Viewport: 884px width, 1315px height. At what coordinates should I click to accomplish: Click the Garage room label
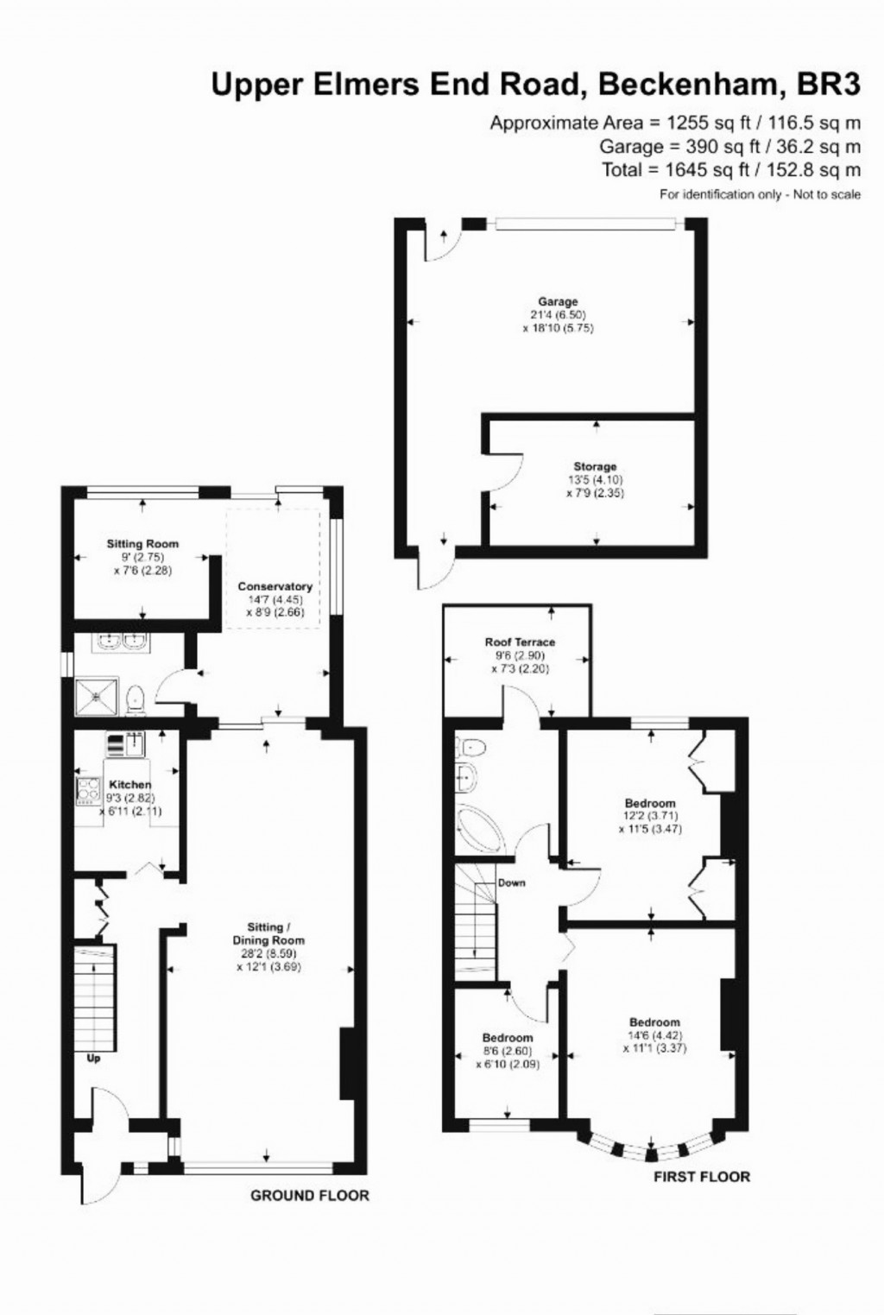click(558, 302)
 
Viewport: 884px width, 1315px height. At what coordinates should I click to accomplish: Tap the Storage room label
click(595, 467)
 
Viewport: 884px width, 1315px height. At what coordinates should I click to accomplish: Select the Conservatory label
click(275, 587)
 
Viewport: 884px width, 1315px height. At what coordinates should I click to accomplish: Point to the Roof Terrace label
click(519, 642)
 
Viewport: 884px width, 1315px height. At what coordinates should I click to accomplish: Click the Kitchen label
click(129, 785)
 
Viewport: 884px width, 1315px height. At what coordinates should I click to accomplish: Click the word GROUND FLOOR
click(309, 1196)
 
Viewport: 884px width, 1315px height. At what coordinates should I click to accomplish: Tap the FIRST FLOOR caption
click(701, 1176)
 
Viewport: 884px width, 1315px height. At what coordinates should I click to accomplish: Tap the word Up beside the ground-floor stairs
click(93, 1058)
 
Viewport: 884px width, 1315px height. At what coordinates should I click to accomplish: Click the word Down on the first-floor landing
click(511, 883)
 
